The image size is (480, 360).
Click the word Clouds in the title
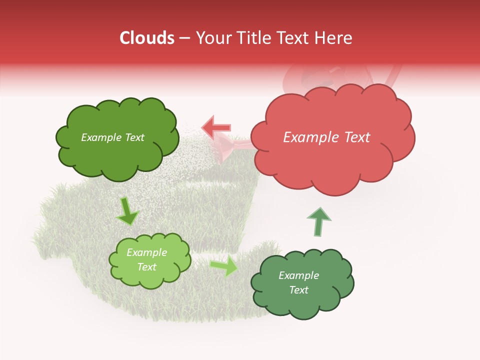coord(147,38)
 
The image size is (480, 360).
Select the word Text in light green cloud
coord(147,267)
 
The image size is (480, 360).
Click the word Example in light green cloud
coord(147,252)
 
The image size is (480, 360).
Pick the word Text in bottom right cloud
coord(298,290)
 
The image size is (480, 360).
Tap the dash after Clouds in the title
coord(184,38)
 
